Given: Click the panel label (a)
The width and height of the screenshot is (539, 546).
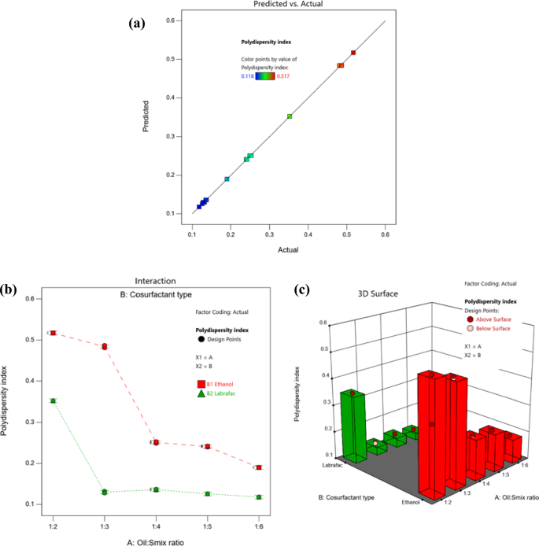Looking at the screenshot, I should [136, 23].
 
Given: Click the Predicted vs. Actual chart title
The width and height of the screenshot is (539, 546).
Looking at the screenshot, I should [288, 5].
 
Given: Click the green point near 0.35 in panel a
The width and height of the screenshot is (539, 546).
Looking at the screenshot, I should [290, 116].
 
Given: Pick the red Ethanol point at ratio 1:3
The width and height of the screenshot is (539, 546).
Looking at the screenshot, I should [104, 346].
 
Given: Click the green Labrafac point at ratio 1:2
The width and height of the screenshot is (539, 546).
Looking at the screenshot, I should [54, 400].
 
